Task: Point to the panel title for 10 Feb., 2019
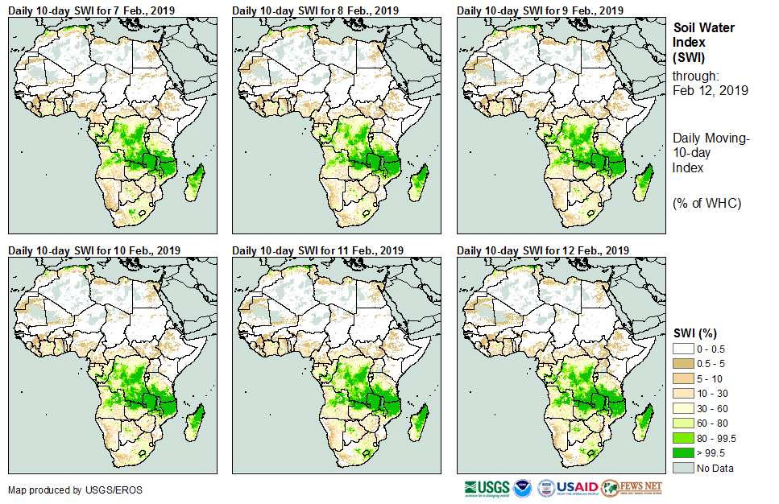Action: (x=94, y=250)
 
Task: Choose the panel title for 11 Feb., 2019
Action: (x=318, y=250)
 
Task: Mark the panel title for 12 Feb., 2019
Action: (x=543, y=250)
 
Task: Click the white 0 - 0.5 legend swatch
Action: (x=683, y=348)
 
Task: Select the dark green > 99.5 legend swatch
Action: (x=683, y=453)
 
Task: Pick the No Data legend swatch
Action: (x=683, y=469)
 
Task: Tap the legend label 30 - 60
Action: (x=713, y=408)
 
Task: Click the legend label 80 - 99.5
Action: (x=716, y=438)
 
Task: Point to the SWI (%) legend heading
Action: (x=695, y=333)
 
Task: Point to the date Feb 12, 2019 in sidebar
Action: (x=710, y=91)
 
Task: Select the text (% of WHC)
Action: (x=706, y=203)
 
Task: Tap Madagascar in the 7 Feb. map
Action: (x=196, y=182)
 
